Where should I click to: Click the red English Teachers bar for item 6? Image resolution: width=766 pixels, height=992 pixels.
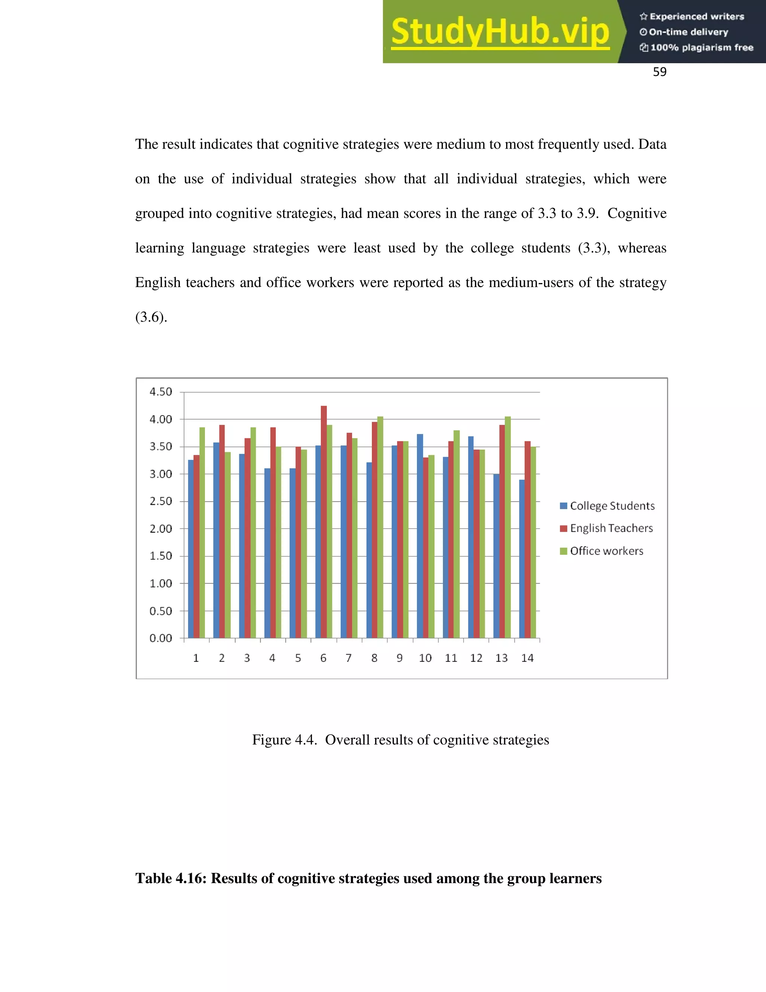(x=324, y=522)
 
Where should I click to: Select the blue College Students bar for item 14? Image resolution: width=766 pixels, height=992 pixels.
(x=522, y=559)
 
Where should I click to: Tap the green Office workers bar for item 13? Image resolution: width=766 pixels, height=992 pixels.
(x=508, y=527)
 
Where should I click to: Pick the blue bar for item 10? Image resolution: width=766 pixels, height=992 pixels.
(x=420, y=536)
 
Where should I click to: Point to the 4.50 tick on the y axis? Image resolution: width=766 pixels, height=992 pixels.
(x=161, y=392)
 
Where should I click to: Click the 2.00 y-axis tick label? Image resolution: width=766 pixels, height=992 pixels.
(x=161, y=529)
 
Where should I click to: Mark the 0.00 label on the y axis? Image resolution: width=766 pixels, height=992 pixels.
(x=161, y=638)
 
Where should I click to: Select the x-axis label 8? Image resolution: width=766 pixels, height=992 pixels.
(x=374, y=658)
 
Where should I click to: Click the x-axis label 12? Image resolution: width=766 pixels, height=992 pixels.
(x=476, y=658)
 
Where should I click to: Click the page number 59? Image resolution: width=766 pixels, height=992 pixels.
(x=659, y=72)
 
